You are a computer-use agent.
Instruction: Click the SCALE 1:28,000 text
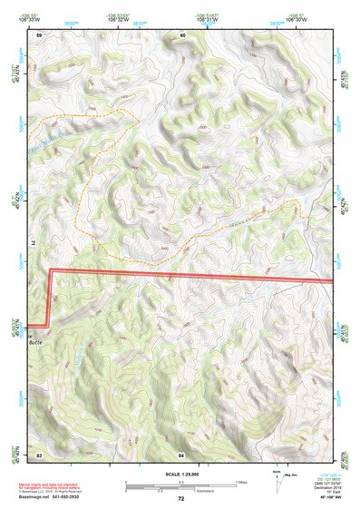pyautogui.click(x=181, y=475)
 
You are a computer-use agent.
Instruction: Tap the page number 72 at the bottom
pyautogui.click(x=181, y=499)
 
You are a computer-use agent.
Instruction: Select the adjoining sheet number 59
pyautogui.click(x=39, y=34)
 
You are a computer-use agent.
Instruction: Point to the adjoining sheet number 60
pyautogui.click(x=182, y=34)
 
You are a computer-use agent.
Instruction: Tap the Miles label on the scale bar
pyautogui.click(x=243, y=483)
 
